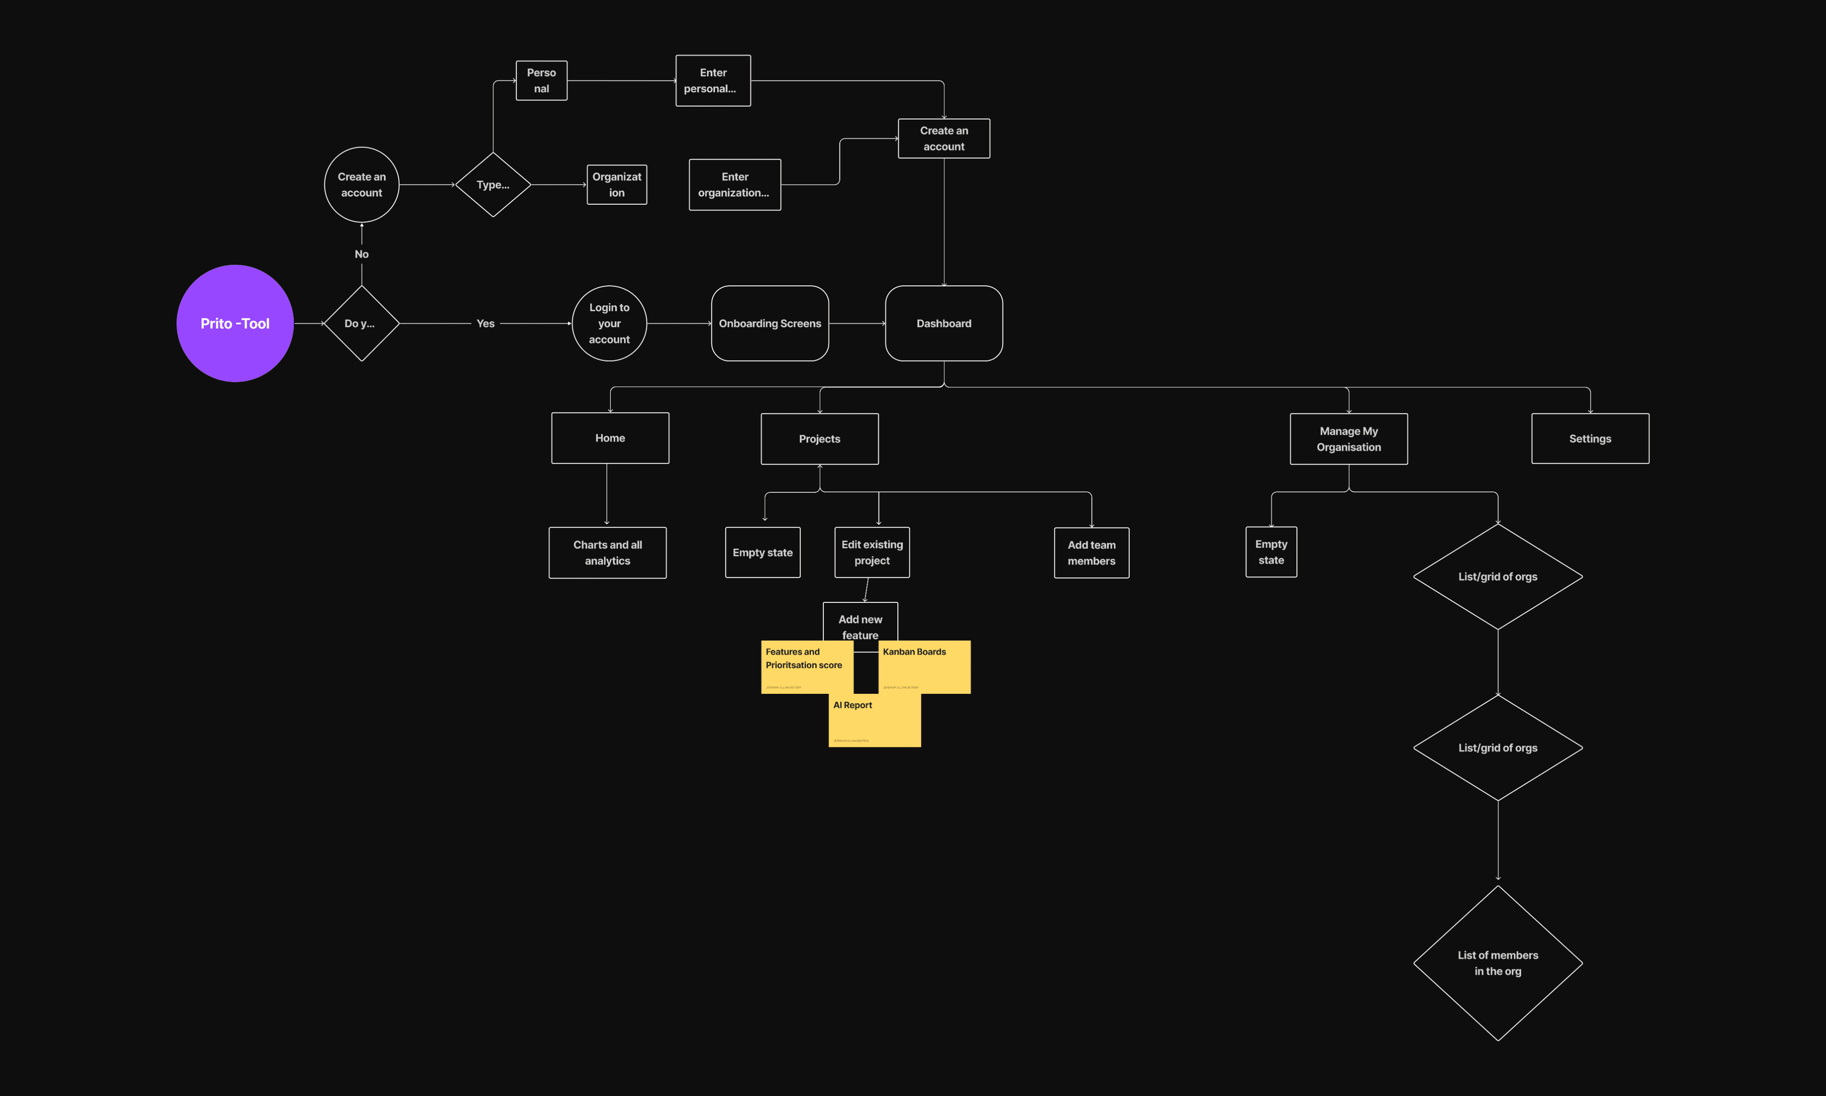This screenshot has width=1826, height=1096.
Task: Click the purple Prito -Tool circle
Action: click(x=235, y=323)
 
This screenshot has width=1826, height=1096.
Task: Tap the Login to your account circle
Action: click(x=609, y=323)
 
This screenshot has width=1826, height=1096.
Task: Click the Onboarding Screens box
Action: click(x=769, y=323)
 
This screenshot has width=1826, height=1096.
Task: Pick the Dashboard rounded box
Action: click(x=944, y=323)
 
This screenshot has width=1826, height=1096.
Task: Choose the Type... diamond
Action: click(x=493, y=185)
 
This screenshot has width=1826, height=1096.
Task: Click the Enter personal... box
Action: click(x=712, y=81)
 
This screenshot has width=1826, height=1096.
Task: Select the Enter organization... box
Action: click(x=735, y=185)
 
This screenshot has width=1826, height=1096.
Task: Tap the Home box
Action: click(x=610, y=438)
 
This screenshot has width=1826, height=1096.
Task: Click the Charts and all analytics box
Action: click(x=607, y=552)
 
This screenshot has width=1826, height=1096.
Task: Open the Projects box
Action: click(x=819, y=439)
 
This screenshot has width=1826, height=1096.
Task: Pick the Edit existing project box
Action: click(x=872, y=552)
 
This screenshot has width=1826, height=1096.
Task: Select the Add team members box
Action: click(x=1091, y=552)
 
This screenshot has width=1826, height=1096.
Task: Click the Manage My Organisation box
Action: click(x=1348, y=439)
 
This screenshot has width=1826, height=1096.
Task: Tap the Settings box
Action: click(x=1590, y=439)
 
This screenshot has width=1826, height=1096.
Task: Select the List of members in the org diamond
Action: click(x=1497, y=963)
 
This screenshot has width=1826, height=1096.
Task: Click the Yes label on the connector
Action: click(x=485, y=323)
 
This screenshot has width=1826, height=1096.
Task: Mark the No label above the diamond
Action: click(x=361, y=254)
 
